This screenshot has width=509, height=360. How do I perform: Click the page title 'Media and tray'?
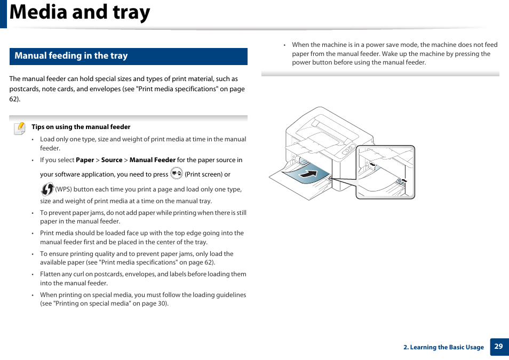point(80,13)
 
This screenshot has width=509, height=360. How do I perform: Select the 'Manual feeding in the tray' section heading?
point(71,56)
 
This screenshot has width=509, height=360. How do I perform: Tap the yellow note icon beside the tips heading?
point(20,128)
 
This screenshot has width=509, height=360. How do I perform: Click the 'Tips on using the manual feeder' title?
point(81,127)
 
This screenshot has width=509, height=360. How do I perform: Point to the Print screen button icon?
point(177,173)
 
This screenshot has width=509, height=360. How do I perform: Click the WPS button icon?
point(47,189)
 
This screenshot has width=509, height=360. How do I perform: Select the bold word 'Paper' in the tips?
point(85,160)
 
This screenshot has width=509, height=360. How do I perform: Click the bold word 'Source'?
point(112,160)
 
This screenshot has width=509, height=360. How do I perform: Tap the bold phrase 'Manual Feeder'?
point(152,160)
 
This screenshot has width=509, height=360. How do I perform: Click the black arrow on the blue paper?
point(308,174)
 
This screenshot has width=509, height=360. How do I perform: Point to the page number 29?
point(498,347)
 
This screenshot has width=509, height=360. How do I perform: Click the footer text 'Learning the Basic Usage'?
point(447,347)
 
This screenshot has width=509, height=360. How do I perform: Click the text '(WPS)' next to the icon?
point(65,189)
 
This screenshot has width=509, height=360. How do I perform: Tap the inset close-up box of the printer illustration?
point(385,172)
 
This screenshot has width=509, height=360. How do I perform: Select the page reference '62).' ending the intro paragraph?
point(15,99)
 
